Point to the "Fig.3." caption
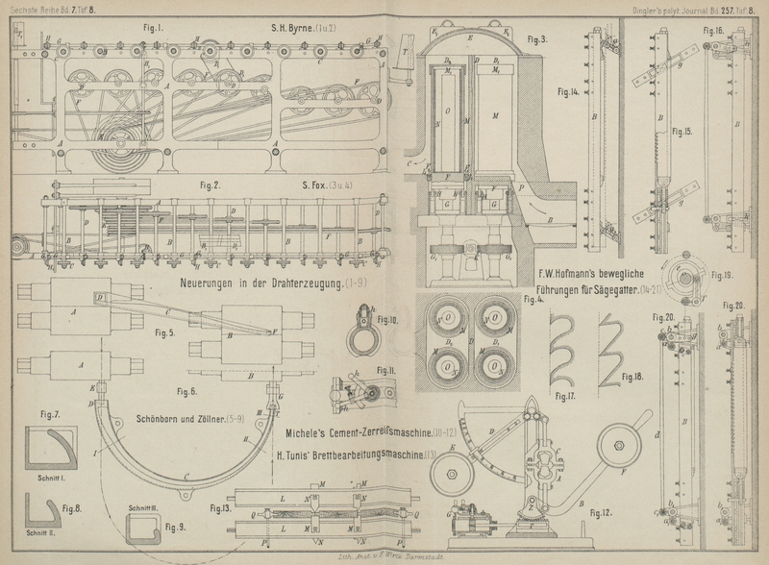point(539,39)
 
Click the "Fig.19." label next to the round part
point(723,275)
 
